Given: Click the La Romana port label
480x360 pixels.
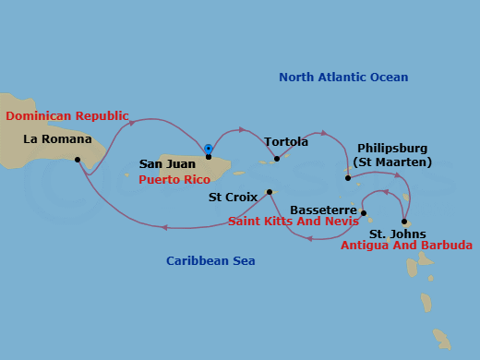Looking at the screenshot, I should [x=58, y=139].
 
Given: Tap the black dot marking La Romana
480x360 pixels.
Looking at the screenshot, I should [x=78, y=160].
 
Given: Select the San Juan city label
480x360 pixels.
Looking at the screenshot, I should [x=167, y=164].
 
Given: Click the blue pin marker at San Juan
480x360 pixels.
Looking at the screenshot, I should [x=209, y=149].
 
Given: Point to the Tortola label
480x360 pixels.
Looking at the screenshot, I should [x=286, y=142].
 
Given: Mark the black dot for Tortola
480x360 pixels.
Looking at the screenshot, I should [x=276, y=159].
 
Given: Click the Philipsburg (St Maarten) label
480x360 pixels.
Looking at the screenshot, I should [x=394, y=155].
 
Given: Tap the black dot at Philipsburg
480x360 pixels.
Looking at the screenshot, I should [x=348, y=177].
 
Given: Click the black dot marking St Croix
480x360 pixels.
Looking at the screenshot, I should [x=270, y=192].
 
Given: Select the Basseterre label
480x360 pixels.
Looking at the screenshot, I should [x=323, y=210].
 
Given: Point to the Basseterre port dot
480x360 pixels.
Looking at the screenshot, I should [x=364, y=213].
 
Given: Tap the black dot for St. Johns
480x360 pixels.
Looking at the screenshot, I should [x=404, y=222].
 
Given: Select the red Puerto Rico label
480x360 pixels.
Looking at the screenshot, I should [x=174, y=179].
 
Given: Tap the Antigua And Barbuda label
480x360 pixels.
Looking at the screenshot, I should [x=406, y=246].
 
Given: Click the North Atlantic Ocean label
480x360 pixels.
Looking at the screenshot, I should [x=343, y=78].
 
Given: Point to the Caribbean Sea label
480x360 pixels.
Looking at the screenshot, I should [x=210, y=261].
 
